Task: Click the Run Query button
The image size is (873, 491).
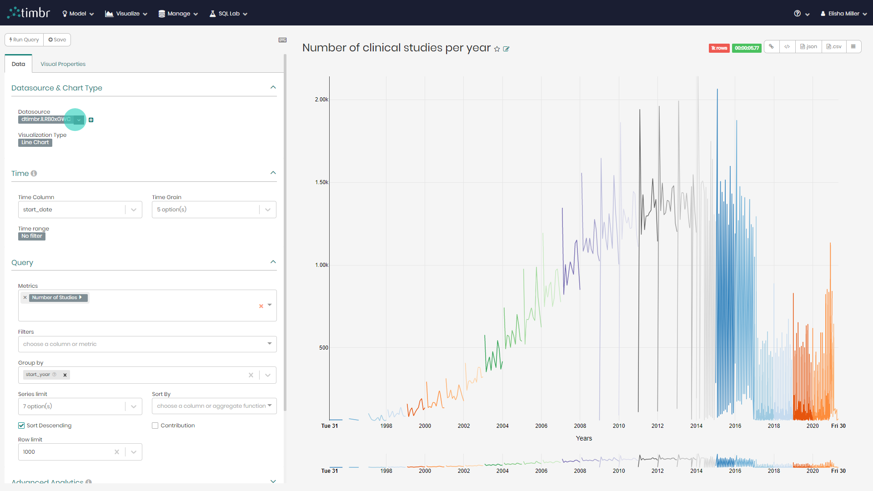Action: (24, 40)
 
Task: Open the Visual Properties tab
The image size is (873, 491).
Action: (63, 64)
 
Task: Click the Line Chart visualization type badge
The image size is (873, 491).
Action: (35, 142)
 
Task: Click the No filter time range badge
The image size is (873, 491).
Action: (32, 236)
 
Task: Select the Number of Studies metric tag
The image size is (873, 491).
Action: (55, 297)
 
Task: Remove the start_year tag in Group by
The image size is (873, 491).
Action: (65, 375)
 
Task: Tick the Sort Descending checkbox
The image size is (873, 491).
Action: (21, 426)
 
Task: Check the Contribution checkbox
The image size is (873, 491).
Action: (155, 426)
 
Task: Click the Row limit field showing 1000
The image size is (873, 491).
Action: (66, 452)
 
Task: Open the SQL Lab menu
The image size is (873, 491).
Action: (228, 14)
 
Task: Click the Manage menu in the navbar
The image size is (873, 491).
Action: (178, 14)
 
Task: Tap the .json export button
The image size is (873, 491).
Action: (808, 47)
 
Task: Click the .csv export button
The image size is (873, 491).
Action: (834, 47)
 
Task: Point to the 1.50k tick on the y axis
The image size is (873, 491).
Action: (321, 182)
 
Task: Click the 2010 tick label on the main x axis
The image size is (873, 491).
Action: (619, 426)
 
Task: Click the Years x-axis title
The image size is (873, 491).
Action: (584, 438)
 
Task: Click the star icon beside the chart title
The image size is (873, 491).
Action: (497, 49)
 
